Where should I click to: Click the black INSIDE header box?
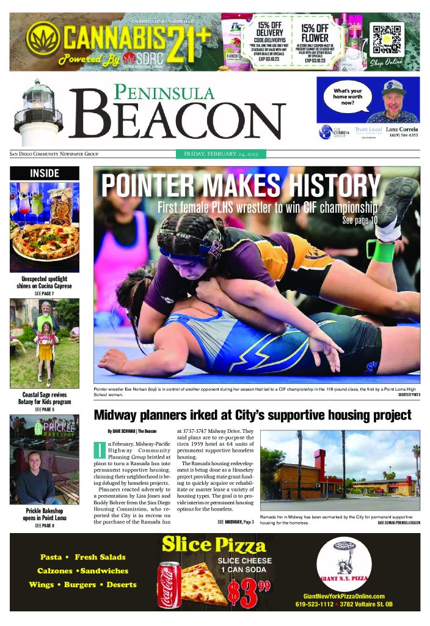click(x=45, y=174)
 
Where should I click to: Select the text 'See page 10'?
click(x=360, y=219)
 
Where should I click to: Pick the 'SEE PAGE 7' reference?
click(x=45, y=293)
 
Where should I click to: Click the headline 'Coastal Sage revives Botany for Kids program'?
click(x=44, y=399)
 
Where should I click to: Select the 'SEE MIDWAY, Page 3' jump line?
click(x=235, y=522)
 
